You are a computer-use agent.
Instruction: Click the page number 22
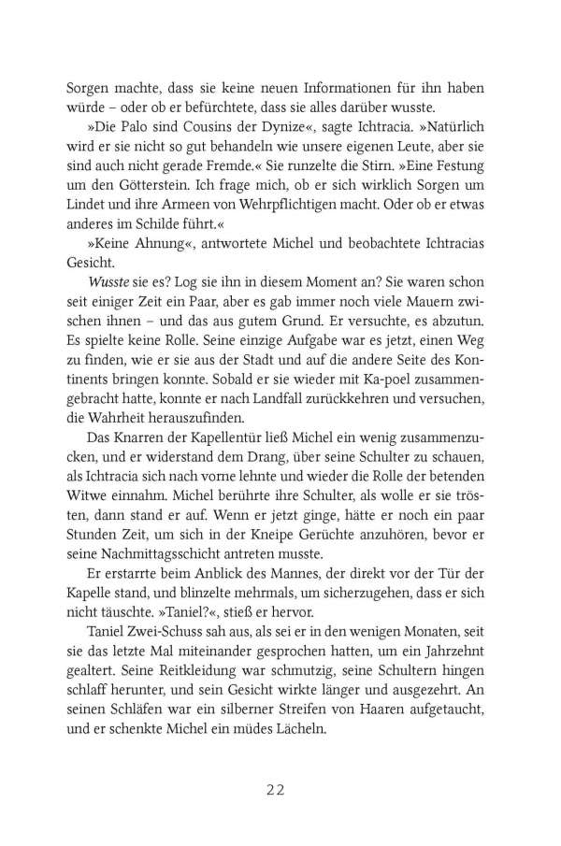click(x=280, y=790)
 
